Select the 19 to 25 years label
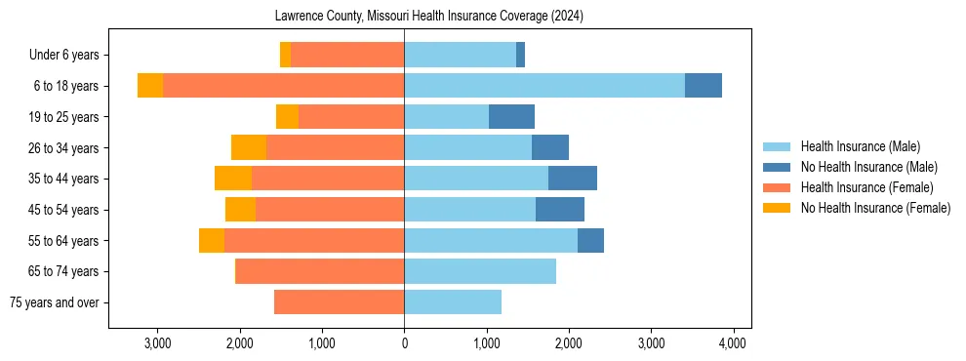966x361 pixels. coord(63,117)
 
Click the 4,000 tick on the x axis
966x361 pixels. coord(733,342)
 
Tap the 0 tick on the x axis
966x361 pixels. coord(404,342)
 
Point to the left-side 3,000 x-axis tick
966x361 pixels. coord(157,342)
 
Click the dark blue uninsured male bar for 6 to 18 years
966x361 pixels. coord(703,86)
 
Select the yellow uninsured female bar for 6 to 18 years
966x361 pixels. coord(150,86)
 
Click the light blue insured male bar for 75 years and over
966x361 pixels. coord(453,302)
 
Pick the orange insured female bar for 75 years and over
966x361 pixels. coord(339,302)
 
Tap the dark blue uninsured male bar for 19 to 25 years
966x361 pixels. coord(511,117)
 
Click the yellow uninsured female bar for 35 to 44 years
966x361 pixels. coord(233,179)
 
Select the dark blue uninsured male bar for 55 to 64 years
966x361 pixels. coord(590,240)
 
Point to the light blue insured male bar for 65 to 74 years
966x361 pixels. coord(480,271)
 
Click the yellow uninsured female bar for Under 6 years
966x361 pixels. coord(285,56)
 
